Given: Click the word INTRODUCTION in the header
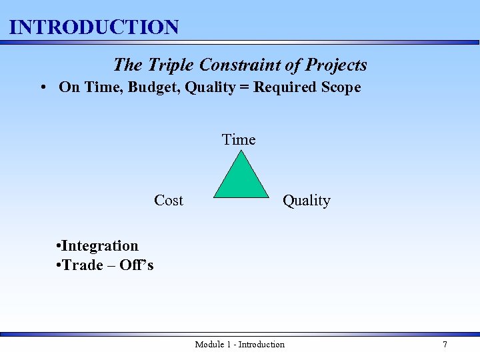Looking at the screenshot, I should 94,27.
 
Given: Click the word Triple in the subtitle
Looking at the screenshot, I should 169,65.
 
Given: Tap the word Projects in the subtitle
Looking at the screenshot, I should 336,65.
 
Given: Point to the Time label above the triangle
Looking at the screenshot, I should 239,139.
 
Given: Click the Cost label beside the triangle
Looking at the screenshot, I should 168,200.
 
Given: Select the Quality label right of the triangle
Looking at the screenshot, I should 306,200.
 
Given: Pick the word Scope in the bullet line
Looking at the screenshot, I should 339,87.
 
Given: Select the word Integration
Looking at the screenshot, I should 99,246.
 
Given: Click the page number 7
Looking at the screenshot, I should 445,344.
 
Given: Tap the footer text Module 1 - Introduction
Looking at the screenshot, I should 239,344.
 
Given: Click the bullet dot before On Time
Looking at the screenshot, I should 42,87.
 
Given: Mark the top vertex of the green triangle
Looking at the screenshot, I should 241,151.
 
